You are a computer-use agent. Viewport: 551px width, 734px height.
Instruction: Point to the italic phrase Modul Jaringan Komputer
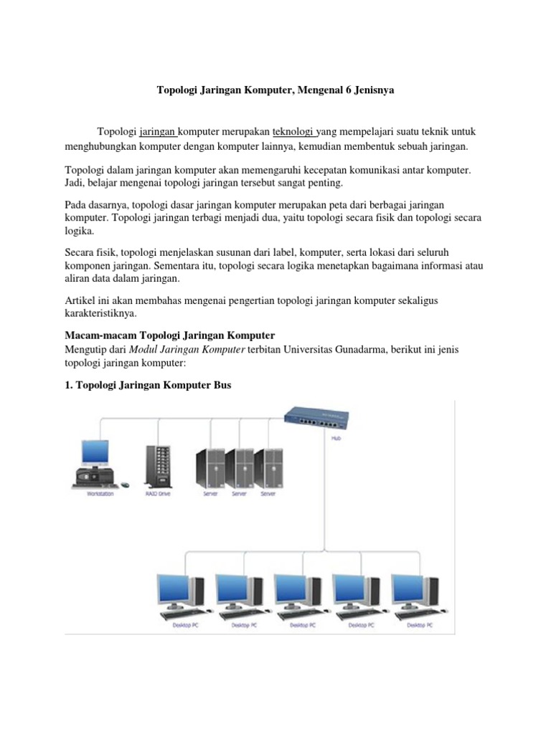[x=187, y=349]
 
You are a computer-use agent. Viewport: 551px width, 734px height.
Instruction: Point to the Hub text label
[x=336, y=437]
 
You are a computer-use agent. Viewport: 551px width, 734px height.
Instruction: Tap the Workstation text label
[x=100, y=493]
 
